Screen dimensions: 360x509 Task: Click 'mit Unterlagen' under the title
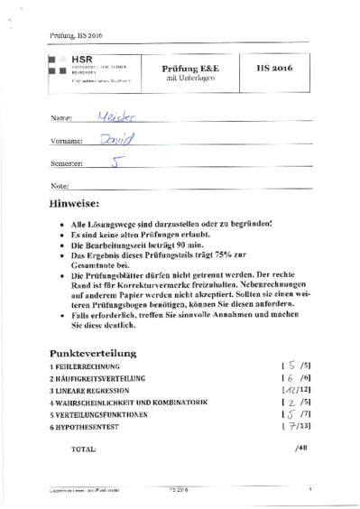point(186,79)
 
